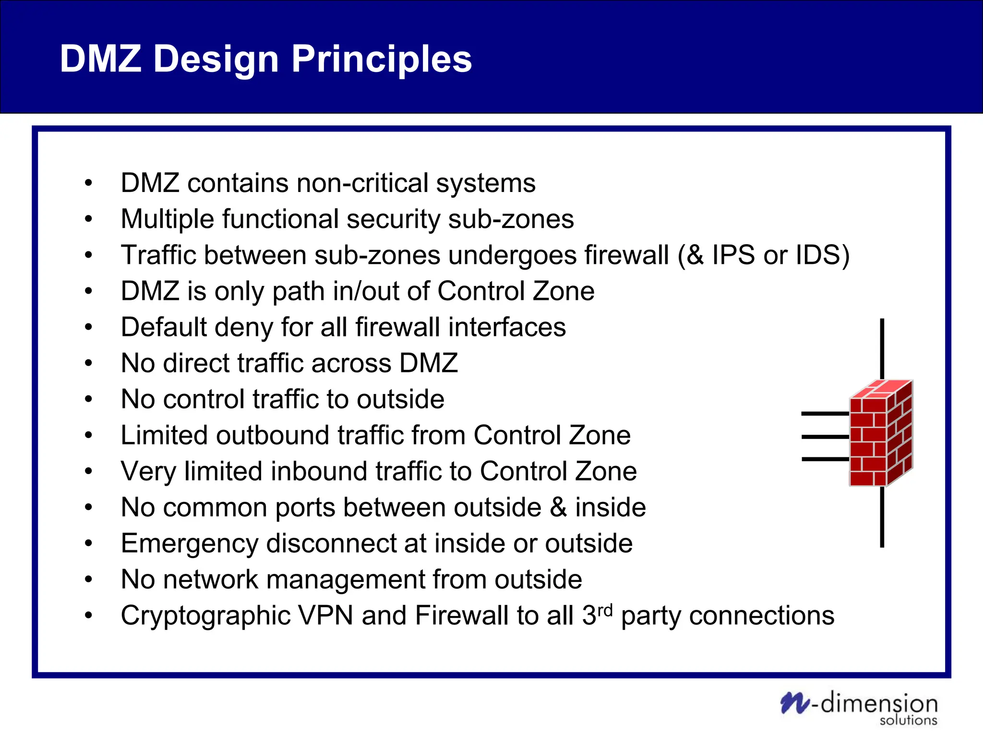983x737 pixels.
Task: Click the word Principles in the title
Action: click(382, 59)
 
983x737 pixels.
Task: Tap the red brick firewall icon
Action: click(881, 433)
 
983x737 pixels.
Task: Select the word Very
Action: click(148, 471)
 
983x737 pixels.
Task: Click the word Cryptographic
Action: click(205, 616)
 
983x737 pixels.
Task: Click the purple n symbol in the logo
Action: click(795, 703)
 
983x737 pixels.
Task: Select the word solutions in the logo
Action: click(908, 720)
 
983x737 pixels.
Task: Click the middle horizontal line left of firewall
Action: click(825, 437)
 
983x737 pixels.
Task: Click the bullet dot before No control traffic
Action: click(88, 399)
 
